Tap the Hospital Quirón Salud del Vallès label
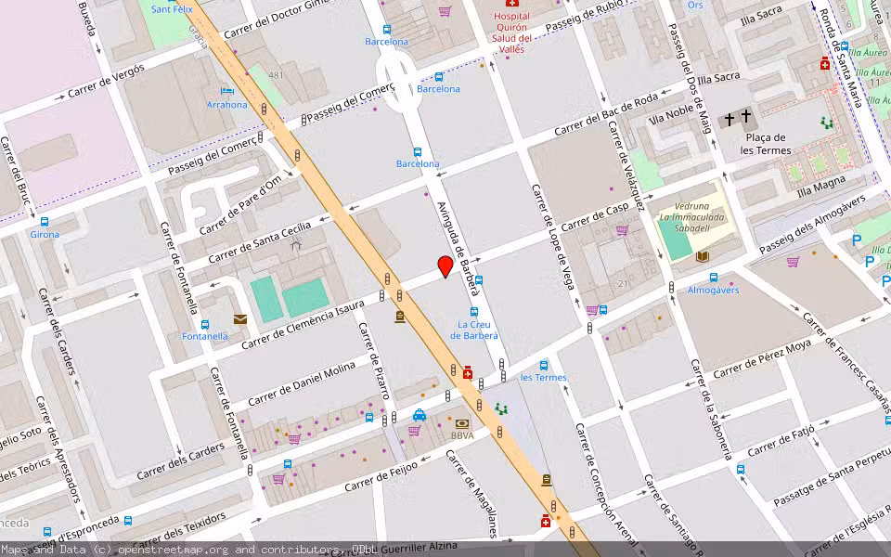point(511,32)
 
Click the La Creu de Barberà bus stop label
point(474,330)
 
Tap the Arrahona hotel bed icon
point(227,91)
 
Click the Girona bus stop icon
point(45,222)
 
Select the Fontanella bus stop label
point(205,337)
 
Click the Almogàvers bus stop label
point(713,290)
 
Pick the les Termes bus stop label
point(543,378)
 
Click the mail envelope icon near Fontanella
point(240,319)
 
